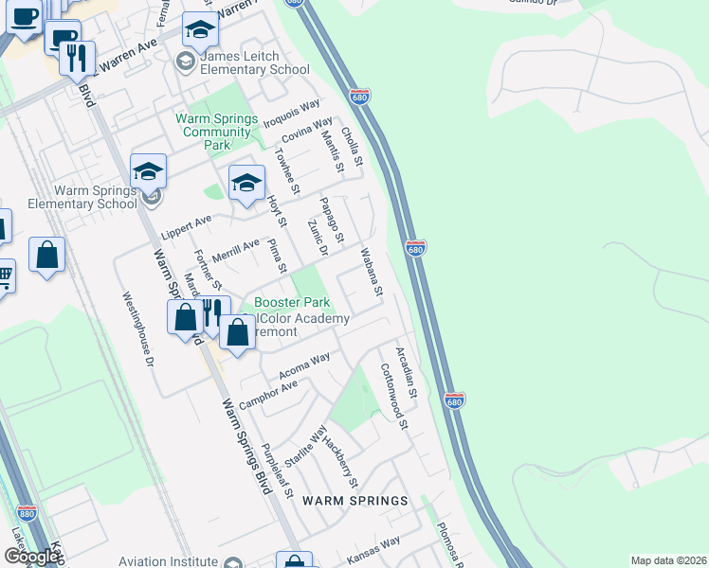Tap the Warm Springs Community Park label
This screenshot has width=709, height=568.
coord(217,132)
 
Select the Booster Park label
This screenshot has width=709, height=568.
coord(292,303)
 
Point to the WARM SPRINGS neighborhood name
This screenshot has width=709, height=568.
coord(354,500)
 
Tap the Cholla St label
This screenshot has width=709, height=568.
coord(352,149)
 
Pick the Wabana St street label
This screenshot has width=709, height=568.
coord(370,272)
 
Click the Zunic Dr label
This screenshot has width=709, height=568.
coord(318,237)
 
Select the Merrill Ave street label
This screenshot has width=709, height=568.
coord(235,250)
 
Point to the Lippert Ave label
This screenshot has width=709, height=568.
coord(186,227)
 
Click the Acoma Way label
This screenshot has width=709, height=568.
coord(304,365)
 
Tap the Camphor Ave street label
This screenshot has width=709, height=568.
coord(268,394)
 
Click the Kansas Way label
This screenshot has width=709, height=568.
coord(373,551)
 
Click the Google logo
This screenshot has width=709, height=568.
coord(30,557)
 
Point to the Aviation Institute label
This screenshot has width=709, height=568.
coord(168,561)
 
